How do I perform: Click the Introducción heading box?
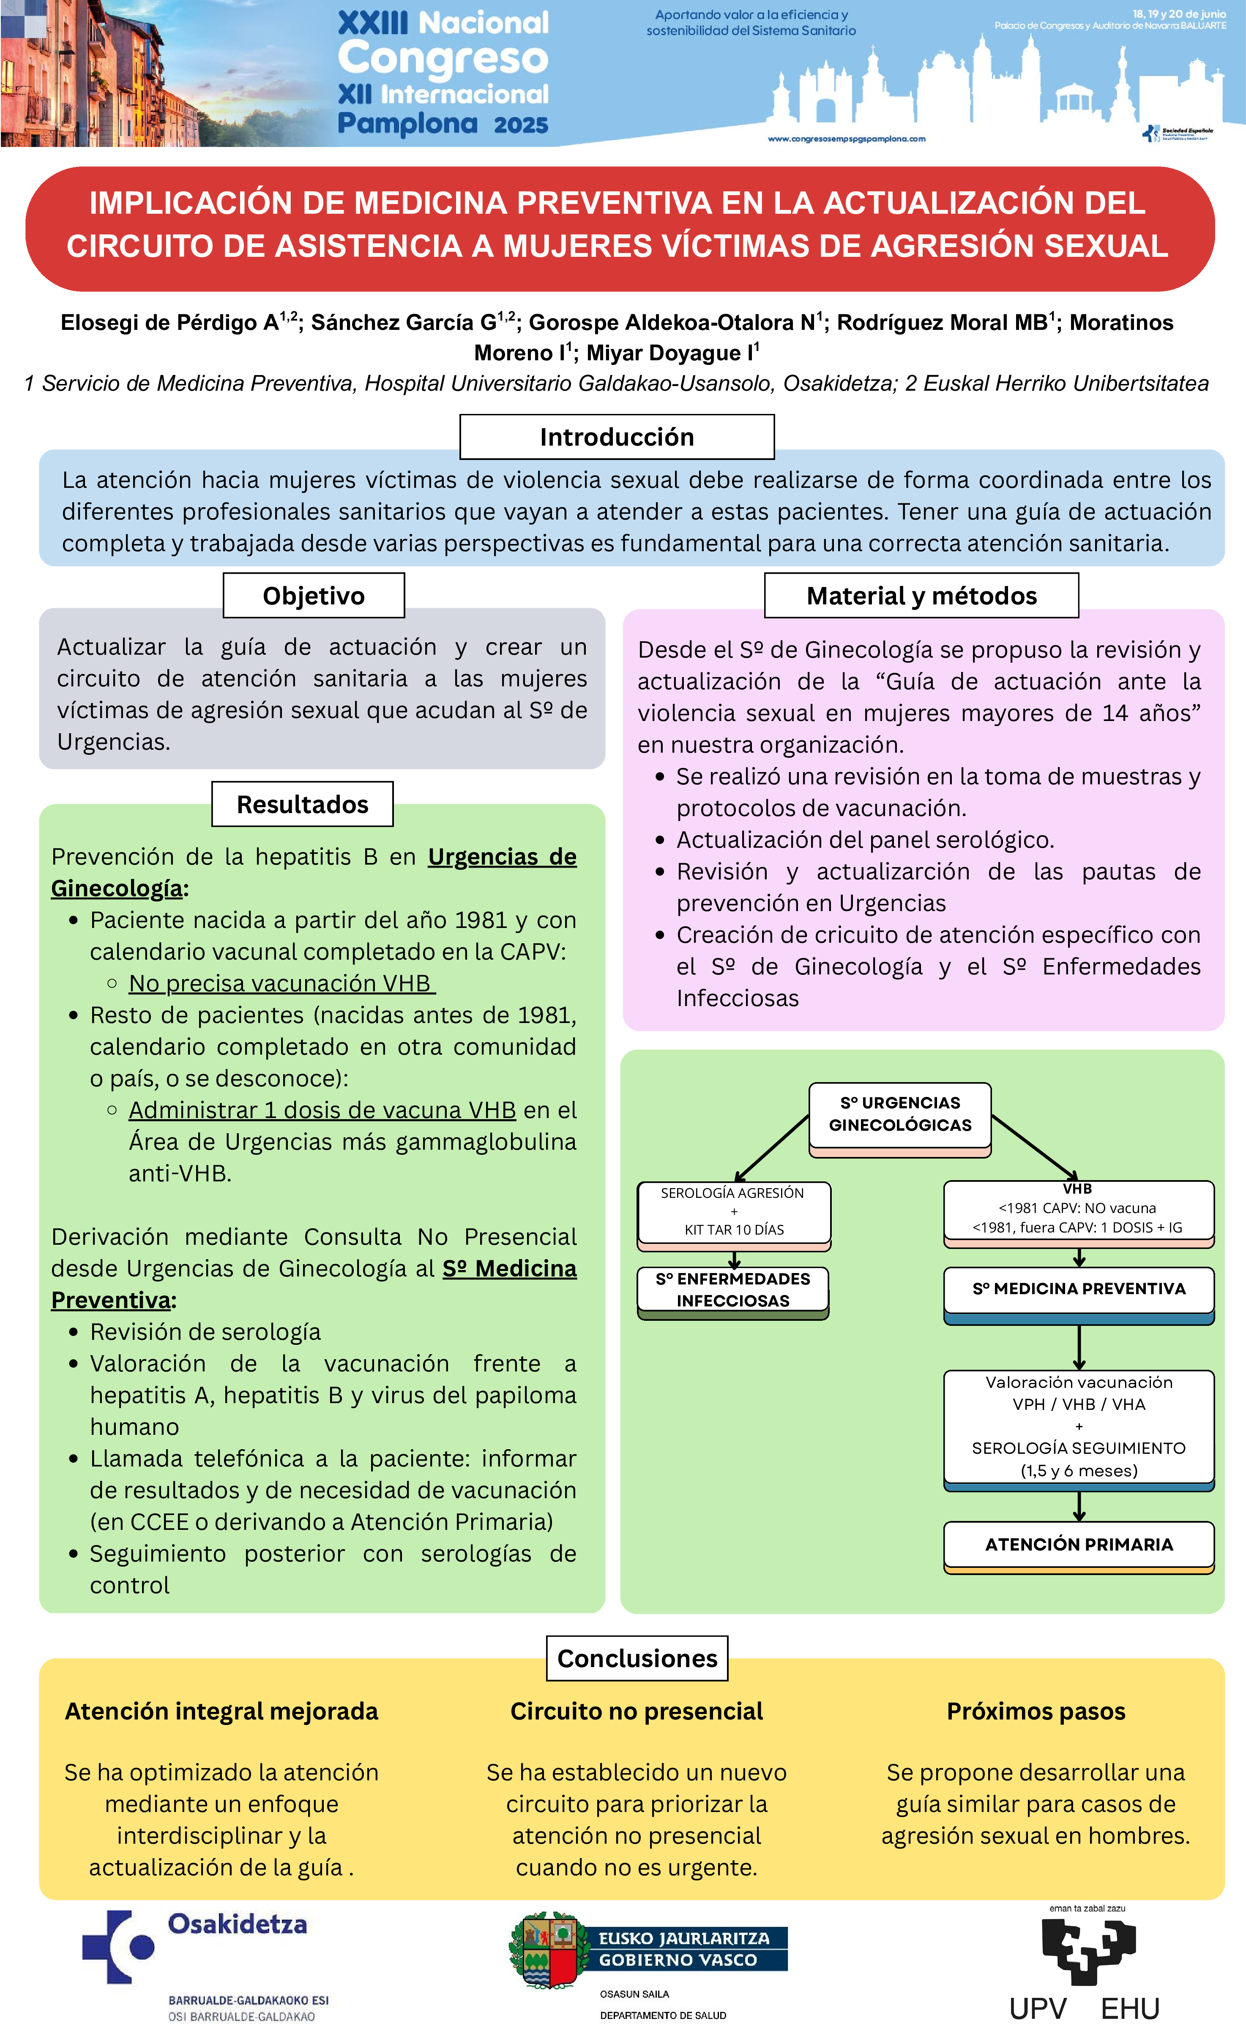[616, 437]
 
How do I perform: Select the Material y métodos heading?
[921, 596]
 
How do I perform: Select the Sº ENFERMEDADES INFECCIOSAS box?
[733, 1289]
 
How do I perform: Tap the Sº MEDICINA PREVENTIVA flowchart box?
[1078, 1289]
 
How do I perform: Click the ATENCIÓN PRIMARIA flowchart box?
[1078, 1545]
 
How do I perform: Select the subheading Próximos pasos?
[1035, 1711]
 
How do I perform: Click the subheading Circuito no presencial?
[636, 1711]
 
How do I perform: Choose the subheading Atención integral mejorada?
[221, 1711]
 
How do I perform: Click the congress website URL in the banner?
[846, 139]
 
